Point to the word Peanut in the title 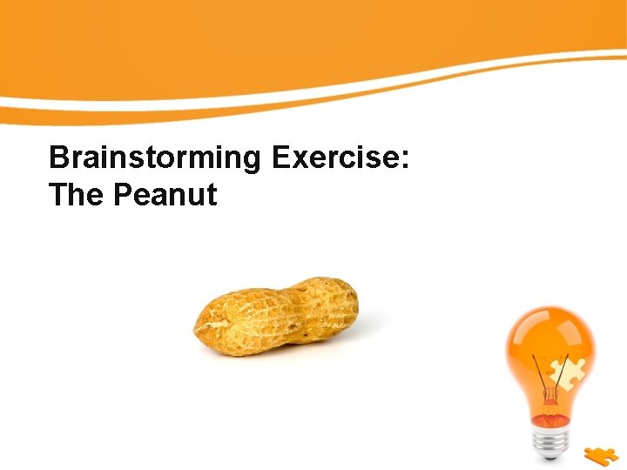pos(165,195)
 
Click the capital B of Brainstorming pos(59,158)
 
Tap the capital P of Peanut pos(123,195)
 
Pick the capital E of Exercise pos(282,158)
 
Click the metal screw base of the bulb pos(550,440)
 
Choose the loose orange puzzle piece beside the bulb pos(602,455)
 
